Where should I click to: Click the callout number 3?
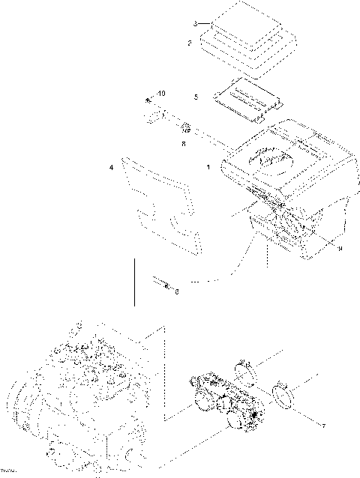point(195,25)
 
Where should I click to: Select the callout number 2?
point(189,44)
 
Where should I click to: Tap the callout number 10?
point(163,94)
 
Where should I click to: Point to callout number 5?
point(196,97)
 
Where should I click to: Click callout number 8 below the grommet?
point(183,143)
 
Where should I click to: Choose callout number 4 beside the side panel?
point(112,169)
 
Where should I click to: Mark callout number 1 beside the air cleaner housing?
point(208,169)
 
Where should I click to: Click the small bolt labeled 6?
point(163,284)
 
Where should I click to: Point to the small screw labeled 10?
point(149,100)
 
